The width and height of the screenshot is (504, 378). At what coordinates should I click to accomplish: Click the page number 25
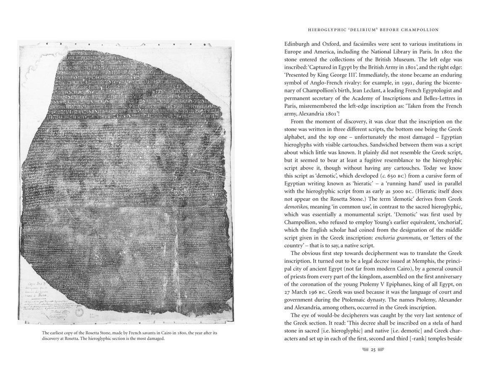tap(373, 349)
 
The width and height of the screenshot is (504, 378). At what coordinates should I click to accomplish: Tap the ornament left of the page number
tap(361, 349)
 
